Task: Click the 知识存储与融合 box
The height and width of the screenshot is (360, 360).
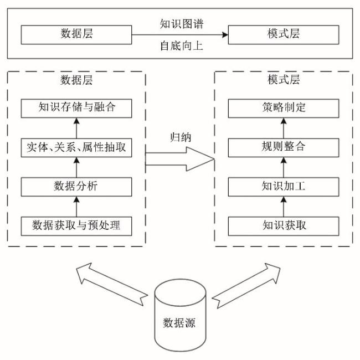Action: tap(77, 107)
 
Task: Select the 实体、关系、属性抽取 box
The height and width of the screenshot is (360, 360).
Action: tap(77, 147)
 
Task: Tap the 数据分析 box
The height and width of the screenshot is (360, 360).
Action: tap(77, 186)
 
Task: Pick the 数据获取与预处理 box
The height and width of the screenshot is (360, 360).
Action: tap(77, 225)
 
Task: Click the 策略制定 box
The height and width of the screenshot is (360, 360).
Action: tap(284, 107)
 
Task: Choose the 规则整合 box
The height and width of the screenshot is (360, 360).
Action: tap(284, 147)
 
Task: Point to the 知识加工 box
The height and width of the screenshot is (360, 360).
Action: tap(284, 186)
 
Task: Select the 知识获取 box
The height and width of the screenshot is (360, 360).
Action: tap(284, 225)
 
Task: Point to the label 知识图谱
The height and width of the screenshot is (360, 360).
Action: tap(181, 24)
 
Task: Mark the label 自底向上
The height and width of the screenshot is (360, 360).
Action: tap(181, 45)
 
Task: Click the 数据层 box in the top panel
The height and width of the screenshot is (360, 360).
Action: tap(76, 34)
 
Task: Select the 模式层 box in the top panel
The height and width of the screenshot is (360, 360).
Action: tap(284, 34)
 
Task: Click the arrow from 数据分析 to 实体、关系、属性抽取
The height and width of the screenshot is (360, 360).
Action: tap(77, 167)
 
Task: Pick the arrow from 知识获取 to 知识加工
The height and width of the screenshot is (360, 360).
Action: tap(284, 206)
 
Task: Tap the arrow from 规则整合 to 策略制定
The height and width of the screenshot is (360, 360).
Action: tap(284, 127)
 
